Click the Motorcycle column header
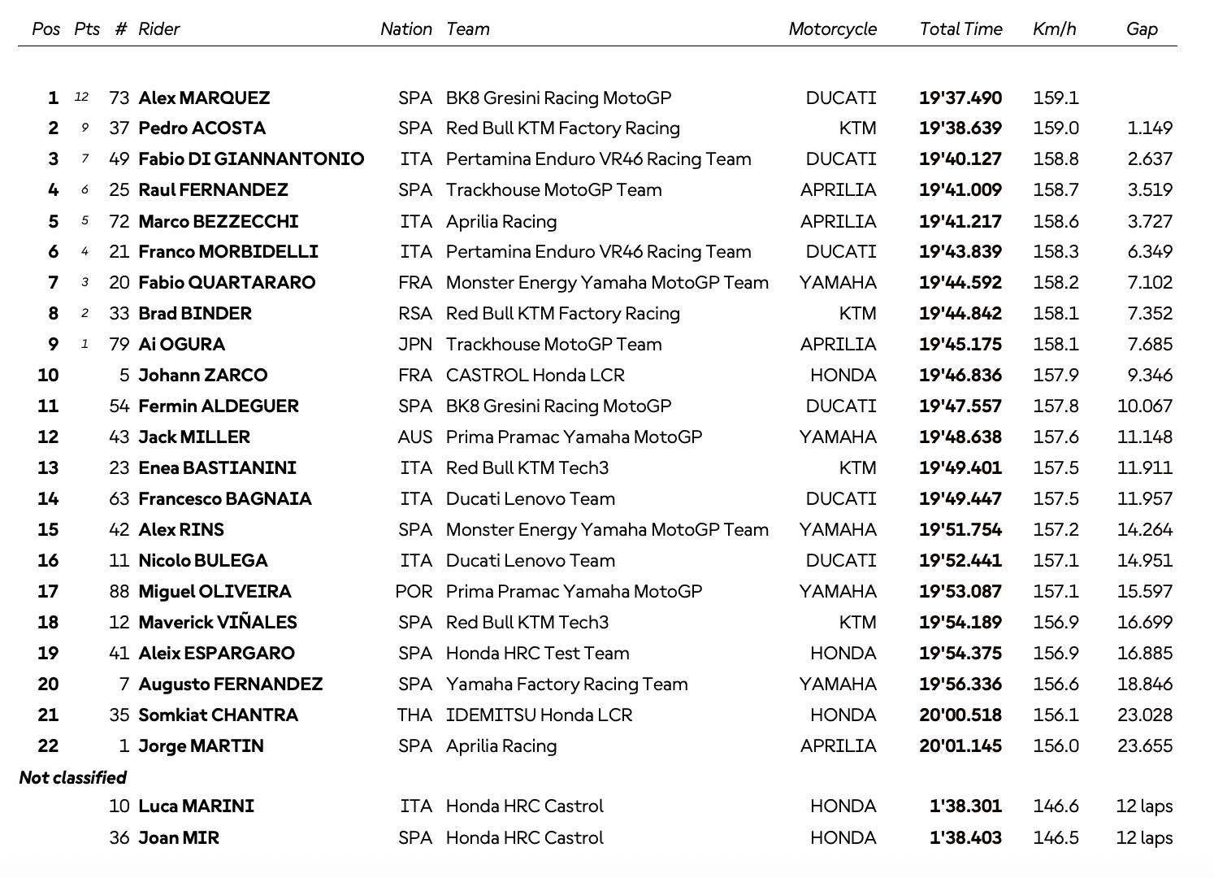(x=832, y=29)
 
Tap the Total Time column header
(x=960, y=29)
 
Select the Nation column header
(x=406, y=29)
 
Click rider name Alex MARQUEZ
(x=204, y=98)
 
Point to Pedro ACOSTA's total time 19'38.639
(x=960, y=128)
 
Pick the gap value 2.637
(x=1150, y=159)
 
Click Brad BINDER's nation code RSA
(x=415, y=314)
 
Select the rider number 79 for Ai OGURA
(x=119, y=345)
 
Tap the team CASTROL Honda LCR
(x=535, y=376)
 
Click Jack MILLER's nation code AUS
(x=415, y=437)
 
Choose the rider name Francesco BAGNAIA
(x=225, y=499)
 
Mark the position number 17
(x=48, y=592)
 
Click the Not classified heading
(x=73, y=778)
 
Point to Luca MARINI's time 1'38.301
(x=965, y=806)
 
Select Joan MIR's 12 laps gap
(x=1144, y=837)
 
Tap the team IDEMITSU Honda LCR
(x=539, y=715)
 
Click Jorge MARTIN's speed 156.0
(x=1056, y=746)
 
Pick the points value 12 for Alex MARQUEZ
(x=81, y=98)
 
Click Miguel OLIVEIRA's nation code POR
(x=414, y=592)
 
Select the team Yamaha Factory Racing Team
(x=566, y=685)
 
